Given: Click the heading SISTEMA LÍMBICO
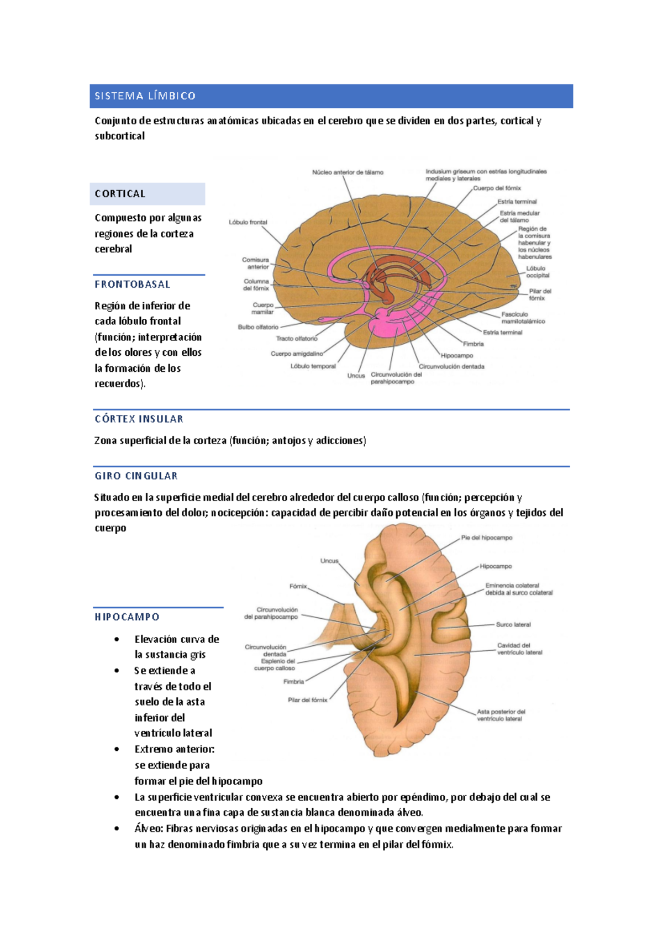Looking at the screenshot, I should pos(145,96).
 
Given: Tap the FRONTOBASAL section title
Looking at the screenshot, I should pos(133,285).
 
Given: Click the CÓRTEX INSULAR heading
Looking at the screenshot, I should pos(139,419).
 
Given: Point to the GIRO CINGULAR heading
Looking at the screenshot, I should pos(136,476).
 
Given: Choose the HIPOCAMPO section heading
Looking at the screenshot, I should pos(127,617).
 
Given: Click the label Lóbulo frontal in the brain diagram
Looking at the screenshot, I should pos(248,223).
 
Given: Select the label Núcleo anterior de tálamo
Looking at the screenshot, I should pos(348,172).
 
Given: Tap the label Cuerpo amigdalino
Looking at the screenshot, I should pos(297,354).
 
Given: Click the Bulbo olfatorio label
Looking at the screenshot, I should pos(258,327).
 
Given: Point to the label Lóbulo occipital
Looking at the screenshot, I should pos(538,272).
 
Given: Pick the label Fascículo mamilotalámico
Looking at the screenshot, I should pos(523,318).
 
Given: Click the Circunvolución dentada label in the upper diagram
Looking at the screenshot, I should pos(451,366).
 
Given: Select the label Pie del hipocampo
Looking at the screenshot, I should pos(487,538).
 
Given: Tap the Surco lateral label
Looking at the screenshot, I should pos(513,625).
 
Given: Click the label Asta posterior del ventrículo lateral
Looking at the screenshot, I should pos(501,715).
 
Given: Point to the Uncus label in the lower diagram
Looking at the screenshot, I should pos(329,561).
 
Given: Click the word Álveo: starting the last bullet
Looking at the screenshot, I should pos(149,829).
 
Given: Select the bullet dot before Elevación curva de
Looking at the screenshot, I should pos(117,640).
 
